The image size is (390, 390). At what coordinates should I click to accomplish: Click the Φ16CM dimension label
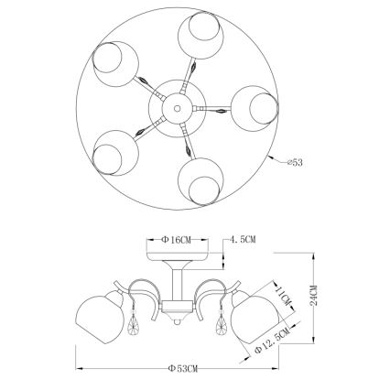[176, 240]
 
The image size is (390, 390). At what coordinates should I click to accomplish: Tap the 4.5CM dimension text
[243, 240]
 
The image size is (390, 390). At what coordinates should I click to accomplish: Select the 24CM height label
[314, 296]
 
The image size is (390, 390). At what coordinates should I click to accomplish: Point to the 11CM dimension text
[283, 295]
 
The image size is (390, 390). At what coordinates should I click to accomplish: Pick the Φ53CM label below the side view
[183, 369]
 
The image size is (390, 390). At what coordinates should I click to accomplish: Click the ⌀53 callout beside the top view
[295, 163]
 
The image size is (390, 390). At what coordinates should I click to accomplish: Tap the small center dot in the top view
[177, 108]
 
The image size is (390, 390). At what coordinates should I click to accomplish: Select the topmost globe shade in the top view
[200, 35]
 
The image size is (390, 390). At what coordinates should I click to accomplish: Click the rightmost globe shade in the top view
[255, 109]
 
